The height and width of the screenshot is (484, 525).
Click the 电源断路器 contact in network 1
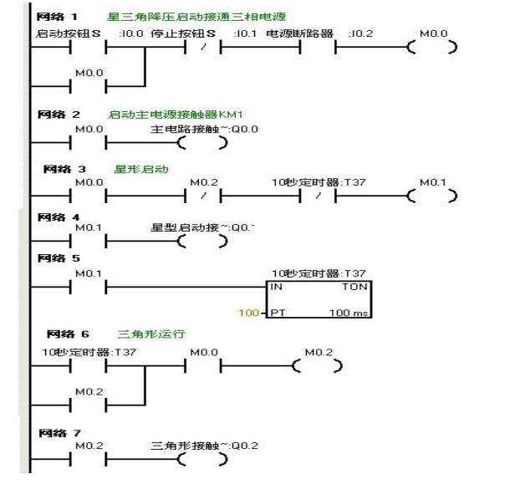318,47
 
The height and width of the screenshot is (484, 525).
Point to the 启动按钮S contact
88,47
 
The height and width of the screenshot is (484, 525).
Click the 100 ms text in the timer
355,313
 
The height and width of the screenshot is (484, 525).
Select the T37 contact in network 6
88,366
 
